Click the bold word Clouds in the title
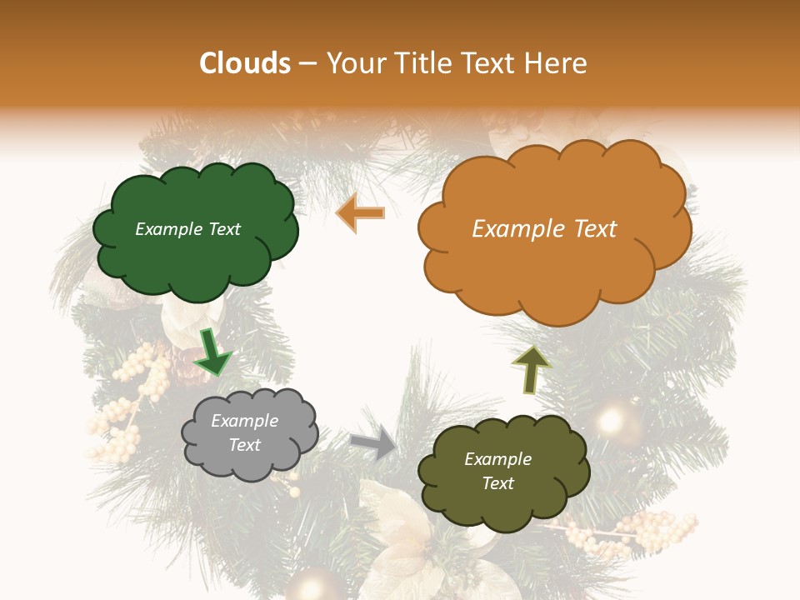244,63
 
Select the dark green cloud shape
194,231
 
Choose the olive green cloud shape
502,472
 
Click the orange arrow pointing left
360,213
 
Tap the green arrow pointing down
212,352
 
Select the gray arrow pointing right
374,442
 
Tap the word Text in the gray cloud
245,445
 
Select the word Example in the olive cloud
497,459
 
